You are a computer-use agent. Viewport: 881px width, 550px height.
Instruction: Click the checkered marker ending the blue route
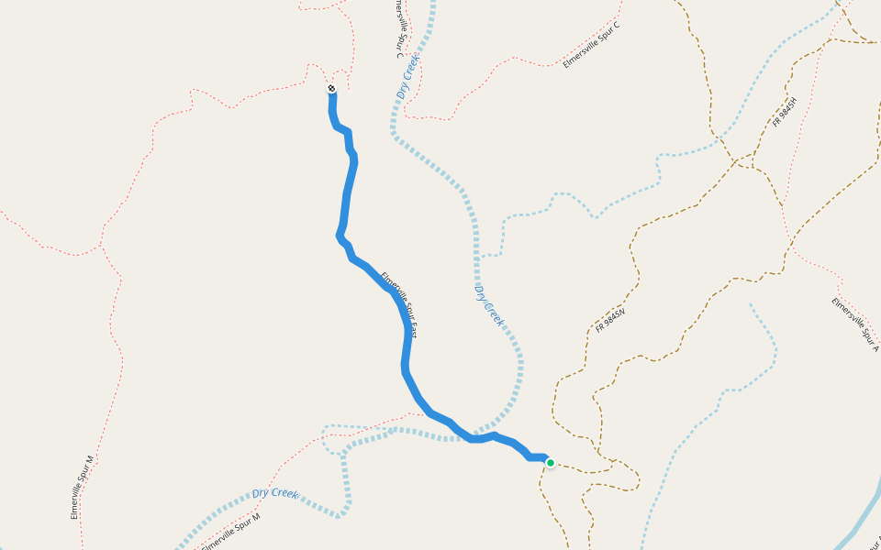(331, 89)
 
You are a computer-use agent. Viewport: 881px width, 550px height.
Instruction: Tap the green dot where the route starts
(550, 463)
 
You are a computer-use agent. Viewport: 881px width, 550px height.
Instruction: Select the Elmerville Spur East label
(399, 303)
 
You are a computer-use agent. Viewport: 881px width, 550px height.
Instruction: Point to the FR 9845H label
(786, 111)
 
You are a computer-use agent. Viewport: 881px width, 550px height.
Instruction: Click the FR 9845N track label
(610, 320)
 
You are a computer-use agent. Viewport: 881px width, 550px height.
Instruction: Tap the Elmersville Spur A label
(855, 324)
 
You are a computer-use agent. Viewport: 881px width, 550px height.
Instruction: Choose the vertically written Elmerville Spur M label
(83, 487)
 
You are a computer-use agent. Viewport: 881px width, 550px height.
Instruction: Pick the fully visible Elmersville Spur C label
(591, 45)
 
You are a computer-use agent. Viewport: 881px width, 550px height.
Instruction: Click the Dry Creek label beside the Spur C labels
(408, 77)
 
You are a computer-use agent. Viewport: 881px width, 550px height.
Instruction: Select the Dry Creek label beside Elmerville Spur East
(488, 305)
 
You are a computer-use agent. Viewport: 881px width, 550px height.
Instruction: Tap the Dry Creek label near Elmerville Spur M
(275, 493)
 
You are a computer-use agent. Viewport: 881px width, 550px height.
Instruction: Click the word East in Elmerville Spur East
(411, 328)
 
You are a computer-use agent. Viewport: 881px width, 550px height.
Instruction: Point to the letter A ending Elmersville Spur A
(875, 347)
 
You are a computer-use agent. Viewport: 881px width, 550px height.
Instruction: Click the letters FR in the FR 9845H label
(776, 123)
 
